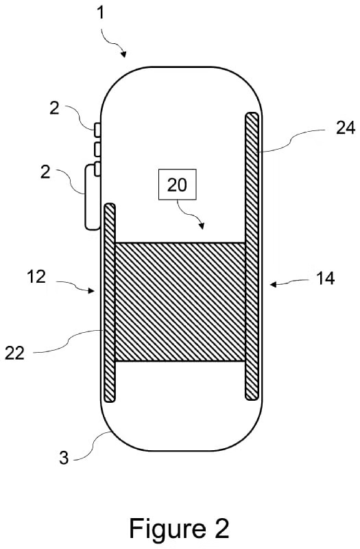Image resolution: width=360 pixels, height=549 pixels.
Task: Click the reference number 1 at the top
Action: pos(101,13)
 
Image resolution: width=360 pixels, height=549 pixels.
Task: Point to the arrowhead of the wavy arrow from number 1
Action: pos(123,54)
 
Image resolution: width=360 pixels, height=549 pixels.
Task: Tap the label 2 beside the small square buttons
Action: pos(54,108)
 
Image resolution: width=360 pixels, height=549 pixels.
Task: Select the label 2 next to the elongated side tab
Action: pos(45,172)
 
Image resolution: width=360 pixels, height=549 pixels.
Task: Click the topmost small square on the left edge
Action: pos(97,129)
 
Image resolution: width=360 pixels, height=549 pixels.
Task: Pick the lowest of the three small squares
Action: pos(97,169)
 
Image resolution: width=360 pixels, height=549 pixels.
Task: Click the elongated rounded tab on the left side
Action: pos(92,198)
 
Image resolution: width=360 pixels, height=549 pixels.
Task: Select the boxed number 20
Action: pos(178,185)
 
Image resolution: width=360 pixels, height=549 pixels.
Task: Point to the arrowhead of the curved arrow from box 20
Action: pos(201,226)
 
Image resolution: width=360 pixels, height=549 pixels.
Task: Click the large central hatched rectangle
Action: pos(180,302)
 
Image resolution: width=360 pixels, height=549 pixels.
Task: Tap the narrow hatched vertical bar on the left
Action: pos(110,303)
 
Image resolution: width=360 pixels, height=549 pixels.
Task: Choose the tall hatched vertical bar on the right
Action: pos(252,256)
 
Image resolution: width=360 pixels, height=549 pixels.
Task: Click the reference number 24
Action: pos(346,128)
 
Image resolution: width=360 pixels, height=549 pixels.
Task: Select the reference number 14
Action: pos(325,279)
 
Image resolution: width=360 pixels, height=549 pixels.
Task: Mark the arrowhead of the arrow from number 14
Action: pos(273,285)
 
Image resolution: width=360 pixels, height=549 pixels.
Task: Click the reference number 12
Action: pos(36,277)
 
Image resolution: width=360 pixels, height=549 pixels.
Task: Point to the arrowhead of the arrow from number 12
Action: pos(91,290)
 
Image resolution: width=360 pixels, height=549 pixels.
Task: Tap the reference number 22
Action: pos(14,353)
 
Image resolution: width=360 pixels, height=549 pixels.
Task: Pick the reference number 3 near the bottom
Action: pos(63,458)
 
